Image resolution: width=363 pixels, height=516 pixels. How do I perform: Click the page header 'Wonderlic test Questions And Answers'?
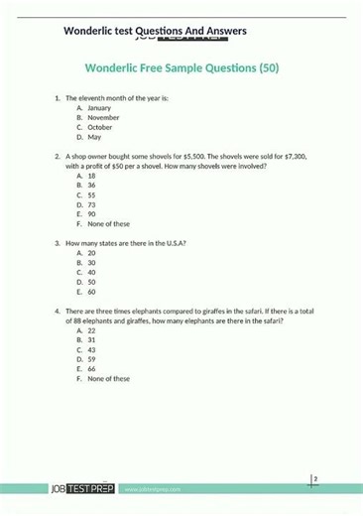[155, 31]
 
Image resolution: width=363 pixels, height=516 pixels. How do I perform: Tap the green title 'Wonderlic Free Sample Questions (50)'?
[181, 69]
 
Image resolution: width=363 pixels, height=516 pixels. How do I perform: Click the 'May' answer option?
[94, 137]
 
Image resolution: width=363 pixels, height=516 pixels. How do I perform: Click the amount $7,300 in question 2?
[297, 157]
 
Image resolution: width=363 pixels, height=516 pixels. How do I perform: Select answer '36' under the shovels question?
[91, 186]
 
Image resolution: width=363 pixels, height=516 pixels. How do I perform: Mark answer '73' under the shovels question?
[91, 204]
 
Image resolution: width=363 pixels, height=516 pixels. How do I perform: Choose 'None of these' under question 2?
[108, 224]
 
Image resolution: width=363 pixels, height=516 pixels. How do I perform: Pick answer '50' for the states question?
[91, 282]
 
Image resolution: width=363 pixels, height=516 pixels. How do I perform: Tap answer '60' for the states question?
[91, 292]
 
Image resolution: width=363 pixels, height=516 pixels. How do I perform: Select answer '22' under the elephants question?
[91, 330]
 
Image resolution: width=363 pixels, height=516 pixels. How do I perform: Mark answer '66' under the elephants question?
[91, 369]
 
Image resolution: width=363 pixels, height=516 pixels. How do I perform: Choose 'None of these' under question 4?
[108, 379]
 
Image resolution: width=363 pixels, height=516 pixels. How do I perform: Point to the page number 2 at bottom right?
[315, 479]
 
